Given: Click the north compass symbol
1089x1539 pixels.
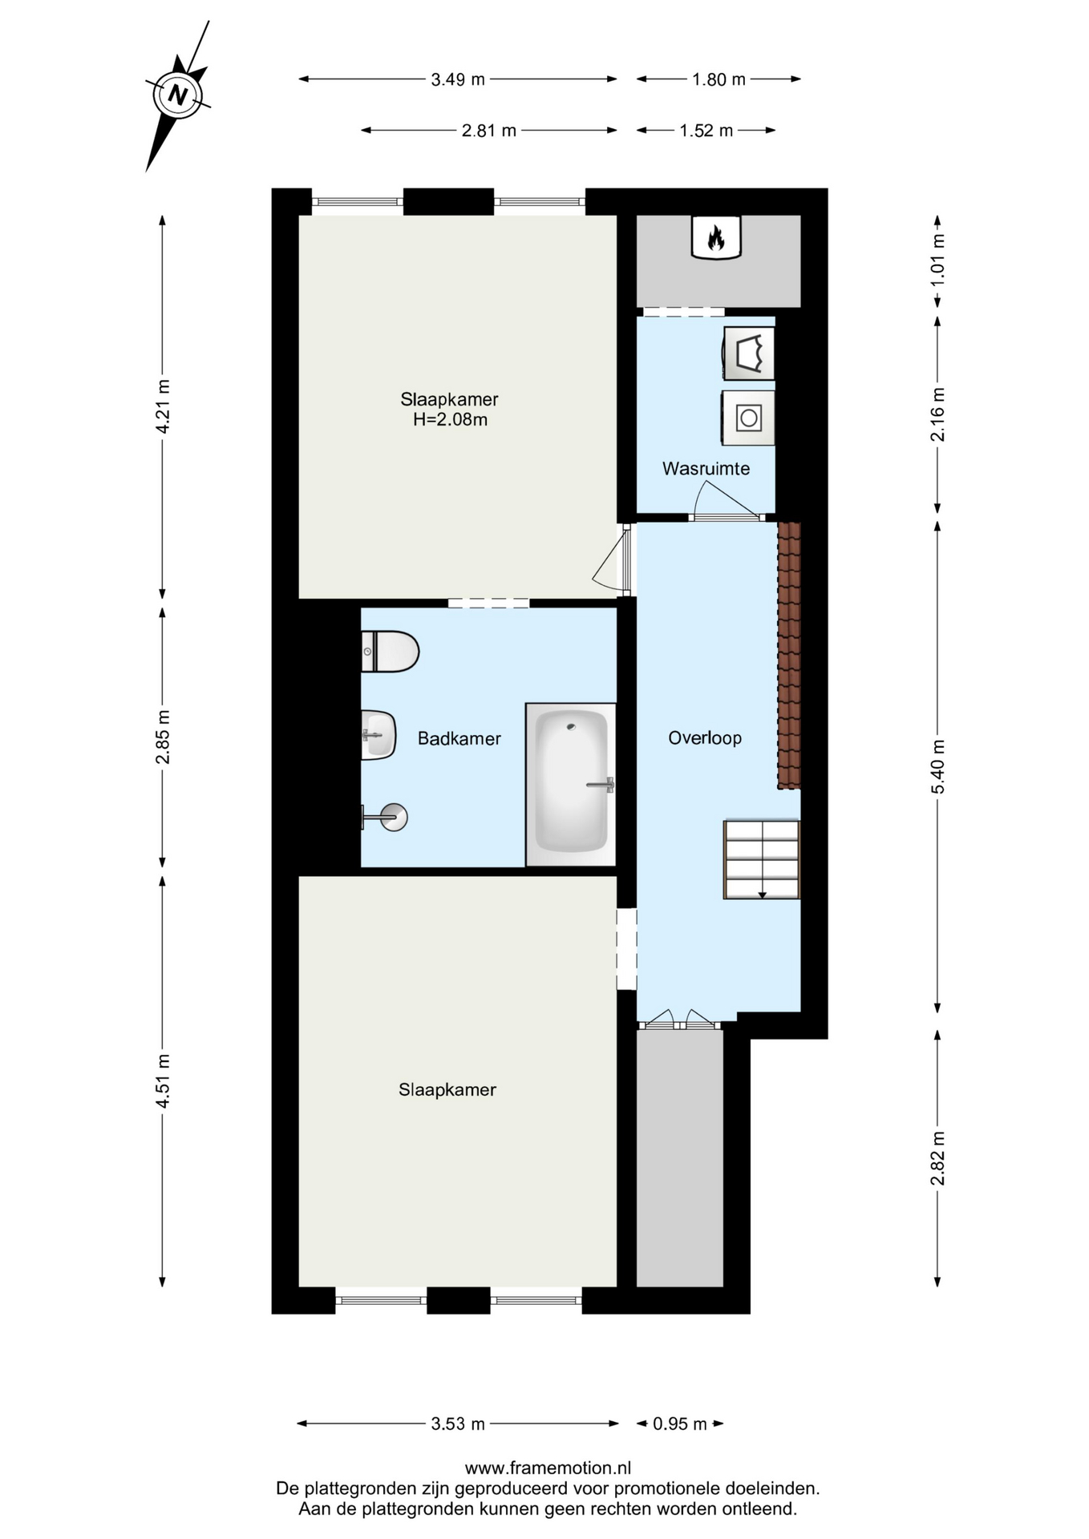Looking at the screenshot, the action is tap(177, 96).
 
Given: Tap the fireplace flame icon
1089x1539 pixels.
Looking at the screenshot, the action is tap(716, 238).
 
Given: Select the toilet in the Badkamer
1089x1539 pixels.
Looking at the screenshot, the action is tap(390, 651).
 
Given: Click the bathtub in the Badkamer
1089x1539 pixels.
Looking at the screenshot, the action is tap(571, 785).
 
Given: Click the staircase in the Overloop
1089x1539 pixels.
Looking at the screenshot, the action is tap(762, 859).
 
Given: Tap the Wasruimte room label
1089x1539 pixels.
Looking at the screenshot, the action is tap(706, 469).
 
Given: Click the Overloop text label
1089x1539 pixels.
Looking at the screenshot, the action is tap(705, 737).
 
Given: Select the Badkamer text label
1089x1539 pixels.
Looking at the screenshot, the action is tap(459, 739).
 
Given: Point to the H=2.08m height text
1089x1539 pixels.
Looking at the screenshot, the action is tap(450, 420).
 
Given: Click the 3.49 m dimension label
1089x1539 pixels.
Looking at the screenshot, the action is tap(458, 79).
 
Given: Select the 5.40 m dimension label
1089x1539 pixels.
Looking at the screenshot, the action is tap(937, 767).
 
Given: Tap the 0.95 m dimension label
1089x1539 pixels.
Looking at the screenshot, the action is tap(680, 1424).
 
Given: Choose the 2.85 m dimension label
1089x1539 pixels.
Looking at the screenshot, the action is tap(163, 737).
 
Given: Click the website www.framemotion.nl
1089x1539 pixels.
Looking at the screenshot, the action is tap(548, 1468).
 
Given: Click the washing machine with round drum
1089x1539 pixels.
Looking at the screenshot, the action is tap(748, 418).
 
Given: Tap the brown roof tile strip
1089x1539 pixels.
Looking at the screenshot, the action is tap(789, 656).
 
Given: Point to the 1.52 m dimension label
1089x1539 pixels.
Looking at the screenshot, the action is tap(706, 131).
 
